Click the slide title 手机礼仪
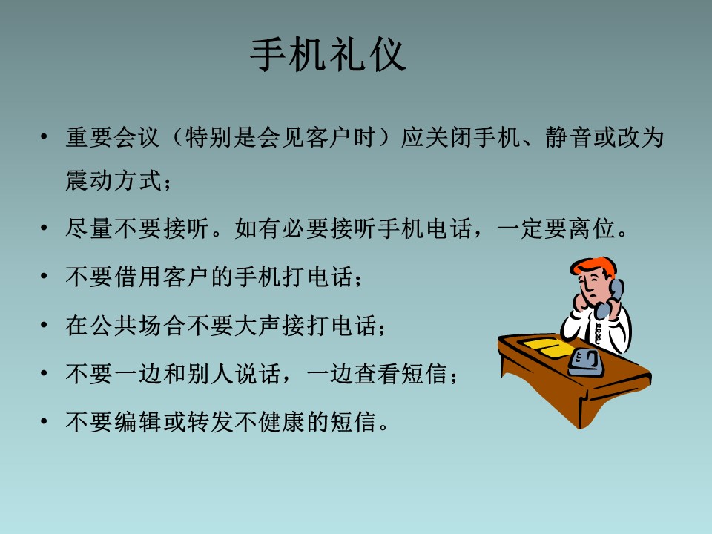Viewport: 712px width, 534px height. coord(327,56)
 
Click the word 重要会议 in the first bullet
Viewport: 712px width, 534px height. coord(113,138)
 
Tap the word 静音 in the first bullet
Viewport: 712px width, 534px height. coord(569,138)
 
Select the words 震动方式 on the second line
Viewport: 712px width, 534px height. coord(113,180)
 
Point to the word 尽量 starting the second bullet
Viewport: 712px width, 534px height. coord(89,228)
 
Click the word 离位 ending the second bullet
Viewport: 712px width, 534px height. coord(592,228)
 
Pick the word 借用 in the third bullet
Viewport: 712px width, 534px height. coord(137,277)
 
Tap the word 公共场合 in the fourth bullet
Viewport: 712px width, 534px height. coord(136,325)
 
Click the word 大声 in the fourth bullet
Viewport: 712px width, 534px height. coord(257,325)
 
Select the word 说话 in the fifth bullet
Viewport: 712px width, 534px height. coord(257,374)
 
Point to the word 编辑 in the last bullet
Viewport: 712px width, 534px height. coord(137,422)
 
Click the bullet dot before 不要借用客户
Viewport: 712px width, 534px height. coord(44,276)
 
